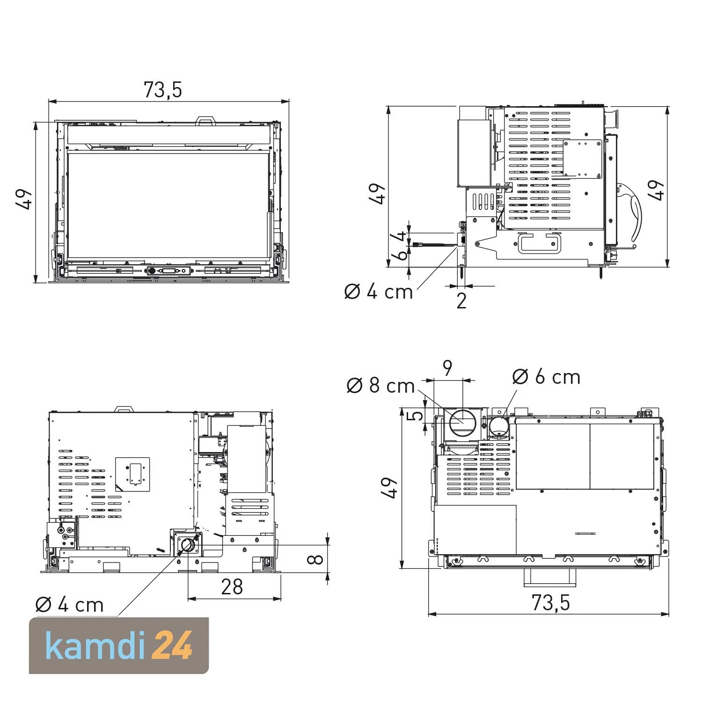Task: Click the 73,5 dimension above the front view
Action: point(162,90)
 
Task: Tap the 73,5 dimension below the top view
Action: point(551,603)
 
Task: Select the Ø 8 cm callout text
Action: point(381,386)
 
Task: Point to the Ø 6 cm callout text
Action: point(546,377)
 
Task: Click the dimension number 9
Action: point(448,369)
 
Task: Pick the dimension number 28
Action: point(232,587)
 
